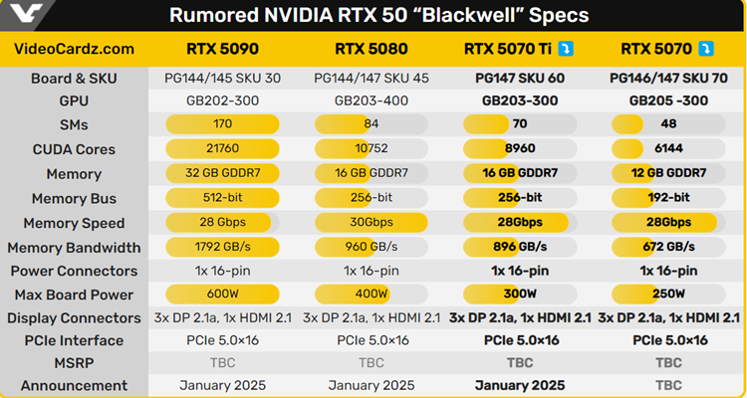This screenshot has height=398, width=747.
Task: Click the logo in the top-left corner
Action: (x=21, y=15)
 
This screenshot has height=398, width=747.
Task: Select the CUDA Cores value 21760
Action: (x=222, y=149)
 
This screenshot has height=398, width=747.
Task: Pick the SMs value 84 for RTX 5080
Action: (x=372, y=124)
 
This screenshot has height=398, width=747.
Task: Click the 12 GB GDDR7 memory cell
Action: (x=669, y=173)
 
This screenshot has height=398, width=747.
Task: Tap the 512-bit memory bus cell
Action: (x=222, y=198)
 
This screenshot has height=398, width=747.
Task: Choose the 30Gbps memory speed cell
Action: (x=372, y=222)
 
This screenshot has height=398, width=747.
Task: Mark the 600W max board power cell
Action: (x=222, y=295)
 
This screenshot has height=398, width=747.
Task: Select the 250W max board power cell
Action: (x=669, y=295)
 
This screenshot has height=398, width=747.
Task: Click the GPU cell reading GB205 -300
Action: (x=669, y=100)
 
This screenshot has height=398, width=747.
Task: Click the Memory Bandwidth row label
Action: (x=74, y=247)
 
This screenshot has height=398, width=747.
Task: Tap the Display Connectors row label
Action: (x=74, y=318)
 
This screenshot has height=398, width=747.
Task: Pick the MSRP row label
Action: (x=74, y=363)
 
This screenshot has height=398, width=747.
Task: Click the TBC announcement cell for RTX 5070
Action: (x=669, y=385)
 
